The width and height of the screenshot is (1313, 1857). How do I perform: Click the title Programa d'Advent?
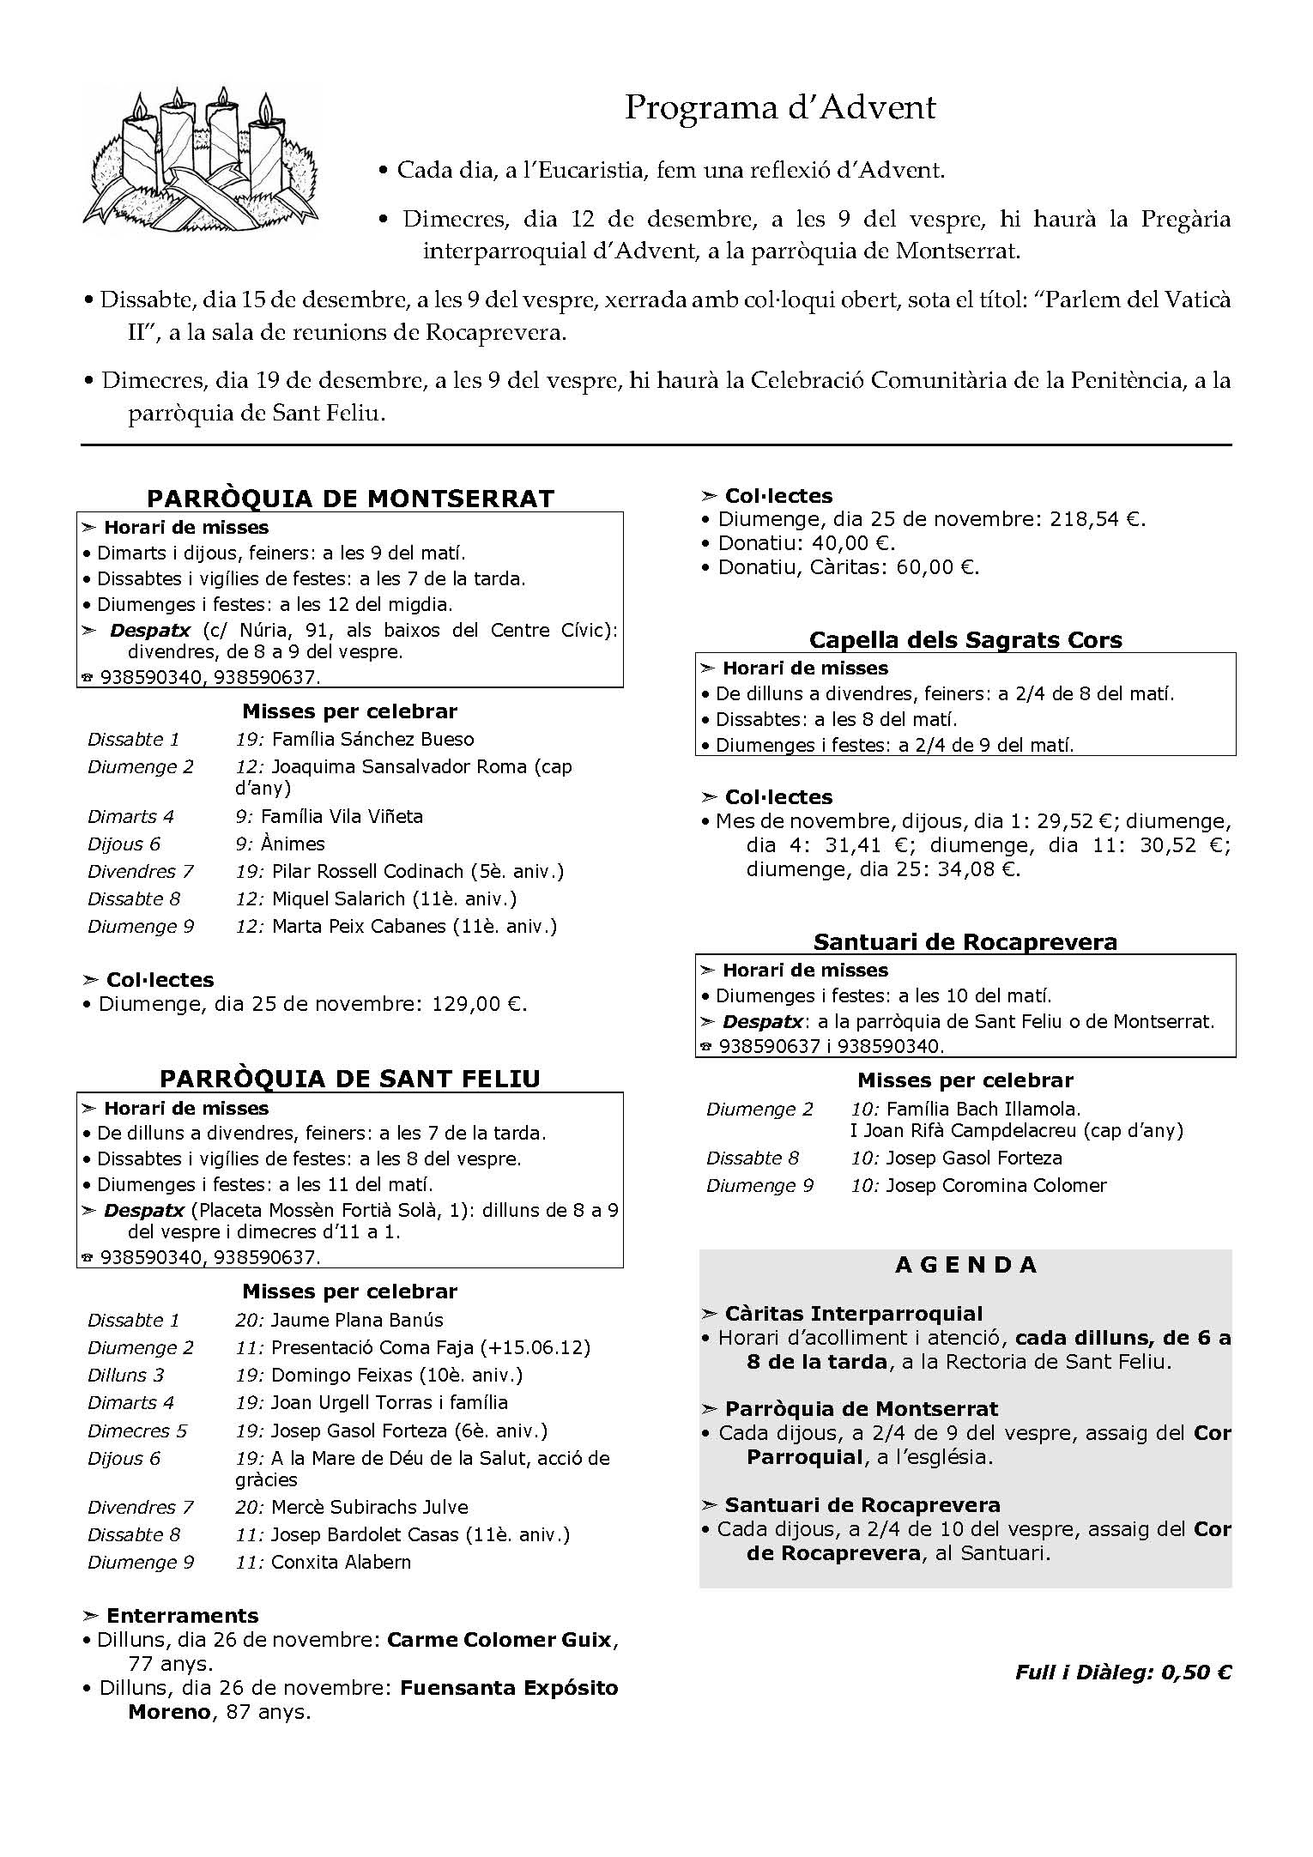[779, 108]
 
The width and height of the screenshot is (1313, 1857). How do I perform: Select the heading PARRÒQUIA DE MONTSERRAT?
[350, 499]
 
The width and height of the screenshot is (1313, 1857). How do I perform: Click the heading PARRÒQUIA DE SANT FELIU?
[350, 1079]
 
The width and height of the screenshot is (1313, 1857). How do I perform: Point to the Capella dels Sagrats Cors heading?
[965, 640]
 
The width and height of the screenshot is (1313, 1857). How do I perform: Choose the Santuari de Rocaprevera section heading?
[965, 942]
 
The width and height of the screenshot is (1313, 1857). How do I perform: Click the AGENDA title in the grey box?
[966, 1265]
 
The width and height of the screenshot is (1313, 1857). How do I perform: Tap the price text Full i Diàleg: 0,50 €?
[1122, 1673]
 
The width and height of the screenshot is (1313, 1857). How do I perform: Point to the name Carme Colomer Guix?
[499, 1640]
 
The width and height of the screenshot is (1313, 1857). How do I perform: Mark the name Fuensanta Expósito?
[509, 1688]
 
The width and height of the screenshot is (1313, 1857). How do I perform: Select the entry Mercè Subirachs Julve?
[369, 1507]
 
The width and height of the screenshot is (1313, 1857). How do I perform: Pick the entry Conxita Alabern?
[341, 1562]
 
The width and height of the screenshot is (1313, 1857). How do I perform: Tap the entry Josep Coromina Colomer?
[995, 1186]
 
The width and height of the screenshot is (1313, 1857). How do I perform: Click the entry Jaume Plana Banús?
[357, 1320]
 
